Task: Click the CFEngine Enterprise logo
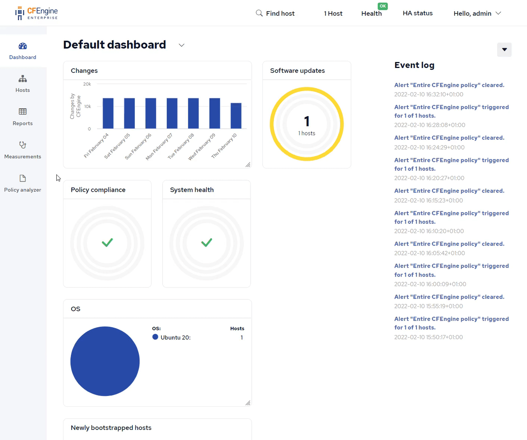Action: click(x=37, y=13)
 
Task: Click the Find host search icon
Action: click(x=259, y=13)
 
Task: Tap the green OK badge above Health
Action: click(x=383, y=6)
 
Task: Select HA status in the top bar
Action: click(x=417, y=13)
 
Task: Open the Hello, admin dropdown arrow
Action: click(x=498, y=13)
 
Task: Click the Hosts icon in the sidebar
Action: click(x=23, y=79)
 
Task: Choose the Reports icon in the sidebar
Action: click(x=23, y=112)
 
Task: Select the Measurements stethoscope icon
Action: click(x=23, y=145)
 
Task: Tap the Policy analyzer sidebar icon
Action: click(x=23, y=178)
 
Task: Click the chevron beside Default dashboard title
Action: click(x=182, y=45)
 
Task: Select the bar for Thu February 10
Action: click(x=236, y=116)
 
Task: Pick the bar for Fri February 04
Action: click(x=108, y=113)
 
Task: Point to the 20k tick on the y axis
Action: click(x=87, y=84)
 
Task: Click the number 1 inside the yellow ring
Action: click(x=307, y=121)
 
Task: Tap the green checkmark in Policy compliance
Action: click(x=107, y=243)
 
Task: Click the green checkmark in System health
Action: click(x=207, y=243)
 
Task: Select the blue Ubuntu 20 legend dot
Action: click(x=155, y=337)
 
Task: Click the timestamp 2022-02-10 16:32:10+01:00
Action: click(x=429, y=94)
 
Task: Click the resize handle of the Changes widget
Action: click(x=248, y=165)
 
